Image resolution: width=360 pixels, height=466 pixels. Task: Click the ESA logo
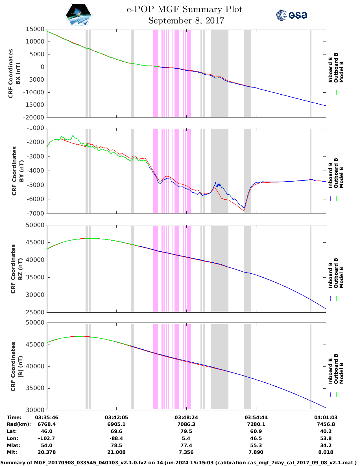pos(292,15)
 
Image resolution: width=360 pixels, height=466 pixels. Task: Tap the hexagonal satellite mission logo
pos(78,15)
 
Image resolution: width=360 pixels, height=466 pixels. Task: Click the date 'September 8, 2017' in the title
pos(186,21)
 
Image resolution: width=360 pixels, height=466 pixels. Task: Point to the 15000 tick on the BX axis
pos(35,29)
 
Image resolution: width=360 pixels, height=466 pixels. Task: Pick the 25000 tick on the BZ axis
pos(35,312)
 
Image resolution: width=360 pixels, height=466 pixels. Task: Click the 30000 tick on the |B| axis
pos(35,410)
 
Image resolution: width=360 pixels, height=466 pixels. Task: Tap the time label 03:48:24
pos(186,417)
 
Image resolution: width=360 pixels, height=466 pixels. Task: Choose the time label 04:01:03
pos(326,417)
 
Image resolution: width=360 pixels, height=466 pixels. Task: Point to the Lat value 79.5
pos(186,431)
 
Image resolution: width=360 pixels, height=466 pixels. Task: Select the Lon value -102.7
pos(47,438)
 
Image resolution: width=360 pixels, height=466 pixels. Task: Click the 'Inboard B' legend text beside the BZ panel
pos(330,275)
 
